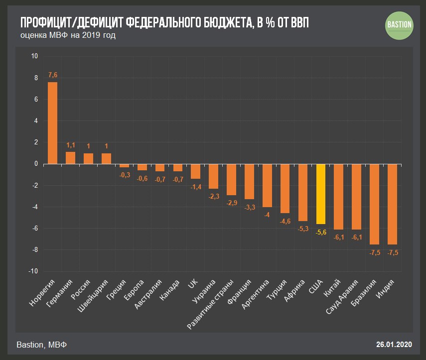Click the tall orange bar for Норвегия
pos(52,123)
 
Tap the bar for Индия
pos(393,204)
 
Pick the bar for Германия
pos(70,158)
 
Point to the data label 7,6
pos(52,75)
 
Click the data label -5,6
pos(321,233)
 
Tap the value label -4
pos(267,215)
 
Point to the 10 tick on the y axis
pos(34,56)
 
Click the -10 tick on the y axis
pos(33,271)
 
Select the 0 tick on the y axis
pos(35,164)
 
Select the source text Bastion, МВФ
pos(42,345)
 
